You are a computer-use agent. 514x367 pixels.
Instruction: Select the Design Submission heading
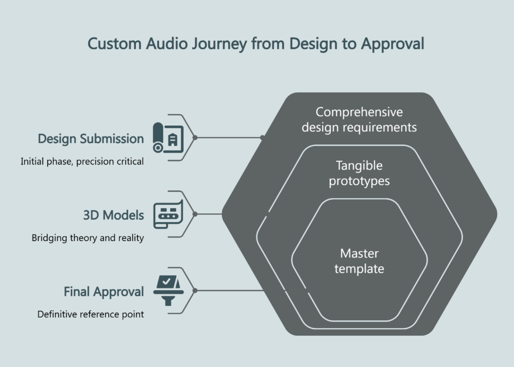coord(91,139)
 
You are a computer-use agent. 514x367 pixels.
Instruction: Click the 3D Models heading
coord(113,215)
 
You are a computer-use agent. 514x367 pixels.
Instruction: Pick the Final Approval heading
coord(103,292)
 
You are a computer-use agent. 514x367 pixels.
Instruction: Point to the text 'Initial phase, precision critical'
coord(82,162)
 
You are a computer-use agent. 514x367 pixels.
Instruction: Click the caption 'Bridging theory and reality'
coord(88,238)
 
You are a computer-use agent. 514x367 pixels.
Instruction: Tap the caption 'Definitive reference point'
coord(91,314)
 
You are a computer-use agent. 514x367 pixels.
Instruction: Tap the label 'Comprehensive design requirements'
coord(359,119)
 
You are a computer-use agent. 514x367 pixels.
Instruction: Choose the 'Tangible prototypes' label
coord(359,173)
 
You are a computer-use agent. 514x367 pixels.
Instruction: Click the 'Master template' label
coord(359,261)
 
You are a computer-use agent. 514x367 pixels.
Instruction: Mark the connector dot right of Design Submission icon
coord(195,137)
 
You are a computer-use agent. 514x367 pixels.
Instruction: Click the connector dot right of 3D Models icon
coord(195,214)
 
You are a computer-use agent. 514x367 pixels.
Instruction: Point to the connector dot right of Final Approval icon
coord(195,290)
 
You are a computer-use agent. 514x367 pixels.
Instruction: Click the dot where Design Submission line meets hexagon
coord(262,137)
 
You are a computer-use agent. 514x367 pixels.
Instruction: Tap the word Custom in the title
coord(114,44)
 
